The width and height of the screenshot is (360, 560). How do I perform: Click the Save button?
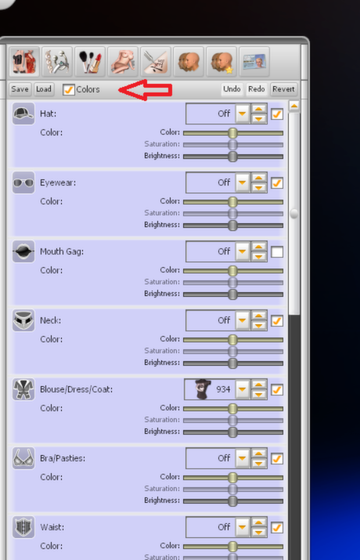click(x=20, y=89)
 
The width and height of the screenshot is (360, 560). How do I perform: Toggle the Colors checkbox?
click(x=69, y=89)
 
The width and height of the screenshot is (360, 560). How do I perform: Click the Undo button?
click(x=232, y=89)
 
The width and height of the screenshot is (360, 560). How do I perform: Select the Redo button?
click(x=257, y=89)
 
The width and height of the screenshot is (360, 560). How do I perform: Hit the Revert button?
click(x=283, y=89)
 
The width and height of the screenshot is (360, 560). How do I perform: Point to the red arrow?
click(x=146, y=89)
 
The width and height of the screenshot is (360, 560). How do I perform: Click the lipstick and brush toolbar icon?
click(x=89, y=61)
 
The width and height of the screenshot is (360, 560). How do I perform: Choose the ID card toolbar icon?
click(x=254, y=61)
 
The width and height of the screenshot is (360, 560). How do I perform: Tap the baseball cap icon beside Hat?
click(x=23, y=114)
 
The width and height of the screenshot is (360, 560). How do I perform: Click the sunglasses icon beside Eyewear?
click(x=23, y=182)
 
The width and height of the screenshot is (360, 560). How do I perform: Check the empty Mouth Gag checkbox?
click(x=277, y=251)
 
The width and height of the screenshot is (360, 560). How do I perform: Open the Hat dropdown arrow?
click(x=243, y=114)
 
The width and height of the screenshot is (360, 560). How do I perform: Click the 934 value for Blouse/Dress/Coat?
click(x=223, y=389)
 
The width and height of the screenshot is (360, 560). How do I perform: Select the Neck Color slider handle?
click(x=232, y=340)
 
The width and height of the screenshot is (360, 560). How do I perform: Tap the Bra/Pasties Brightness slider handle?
click(x=232, y=501)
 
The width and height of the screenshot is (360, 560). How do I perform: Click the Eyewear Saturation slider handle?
click(x=232, y=214)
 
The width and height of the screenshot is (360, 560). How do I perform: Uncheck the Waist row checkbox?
click(x=277, y=528)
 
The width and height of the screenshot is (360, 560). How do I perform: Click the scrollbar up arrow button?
click(x=294, y=107)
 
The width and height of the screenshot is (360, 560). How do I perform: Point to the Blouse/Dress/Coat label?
click(x=77, y=389)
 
